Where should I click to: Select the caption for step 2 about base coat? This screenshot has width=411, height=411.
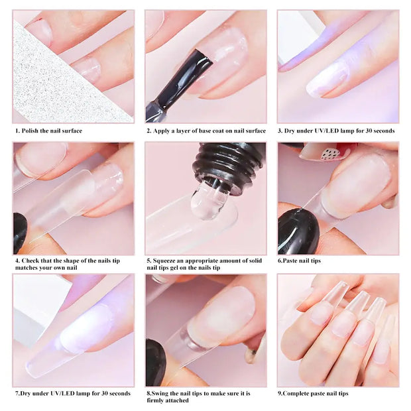pos(206,131)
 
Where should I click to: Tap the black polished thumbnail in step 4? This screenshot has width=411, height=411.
pos(20,232)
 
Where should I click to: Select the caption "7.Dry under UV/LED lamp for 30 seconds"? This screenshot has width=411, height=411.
pos(73,393)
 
